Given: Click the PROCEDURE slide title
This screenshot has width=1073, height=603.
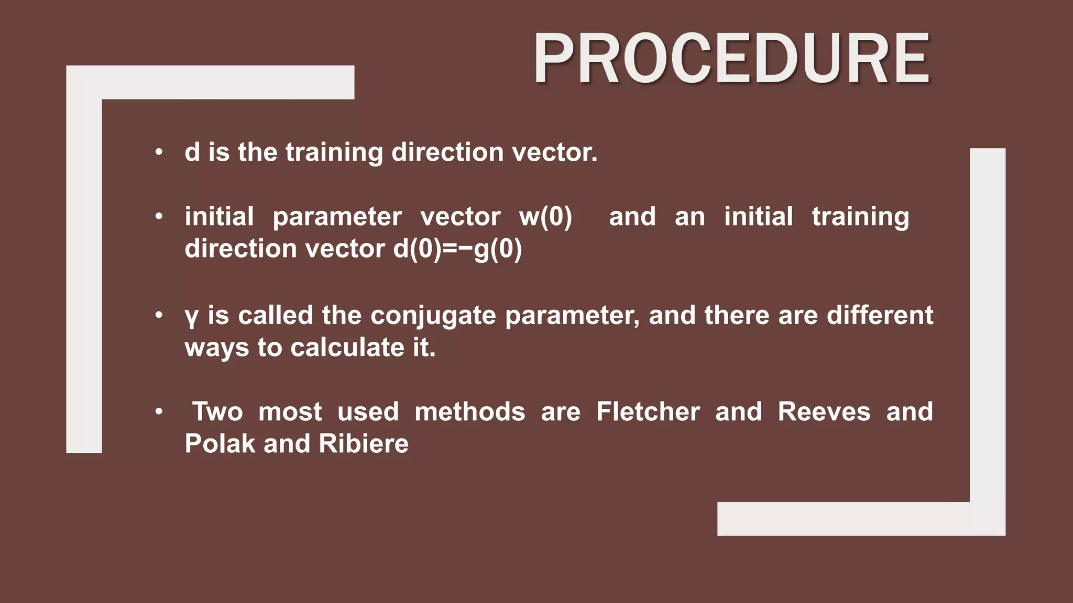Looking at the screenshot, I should coord(731,59).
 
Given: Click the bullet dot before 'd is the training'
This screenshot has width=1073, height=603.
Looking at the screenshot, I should coord(159,153).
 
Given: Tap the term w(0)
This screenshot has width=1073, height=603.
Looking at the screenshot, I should coord(545,217).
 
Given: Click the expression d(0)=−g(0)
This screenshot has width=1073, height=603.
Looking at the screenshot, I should coord(457,249).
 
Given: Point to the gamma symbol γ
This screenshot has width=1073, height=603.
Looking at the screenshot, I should coord(192,317).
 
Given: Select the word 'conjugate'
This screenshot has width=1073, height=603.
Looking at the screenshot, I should coord(433,316).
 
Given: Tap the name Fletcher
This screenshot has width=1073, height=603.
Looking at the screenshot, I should coord(648,412).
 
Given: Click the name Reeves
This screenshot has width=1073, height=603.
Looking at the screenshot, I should coord(824,412).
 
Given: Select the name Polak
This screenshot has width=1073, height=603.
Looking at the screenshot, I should coord(220,444).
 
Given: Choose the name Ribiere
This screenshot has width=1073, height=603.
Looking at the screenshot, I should coord(363,444).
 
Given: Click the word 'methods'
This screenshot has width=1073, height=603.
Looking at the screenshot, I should coord(469,412).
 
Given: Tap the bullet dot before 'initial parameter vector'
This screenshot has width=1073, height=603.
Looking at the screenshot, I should coord(159,217).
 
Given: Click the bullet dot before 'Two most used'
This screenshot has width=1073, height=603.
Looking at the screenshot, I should coord(159,412).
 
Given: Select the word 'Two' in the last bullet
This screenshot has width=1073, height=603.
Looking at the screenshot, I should coord(217,412).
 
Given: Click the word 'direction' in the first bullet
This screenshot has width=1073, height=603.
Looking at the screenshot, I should coord(447,152).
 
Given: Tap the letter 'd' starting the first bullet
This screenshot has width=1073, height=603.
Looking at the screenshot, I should coord(192,152).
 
